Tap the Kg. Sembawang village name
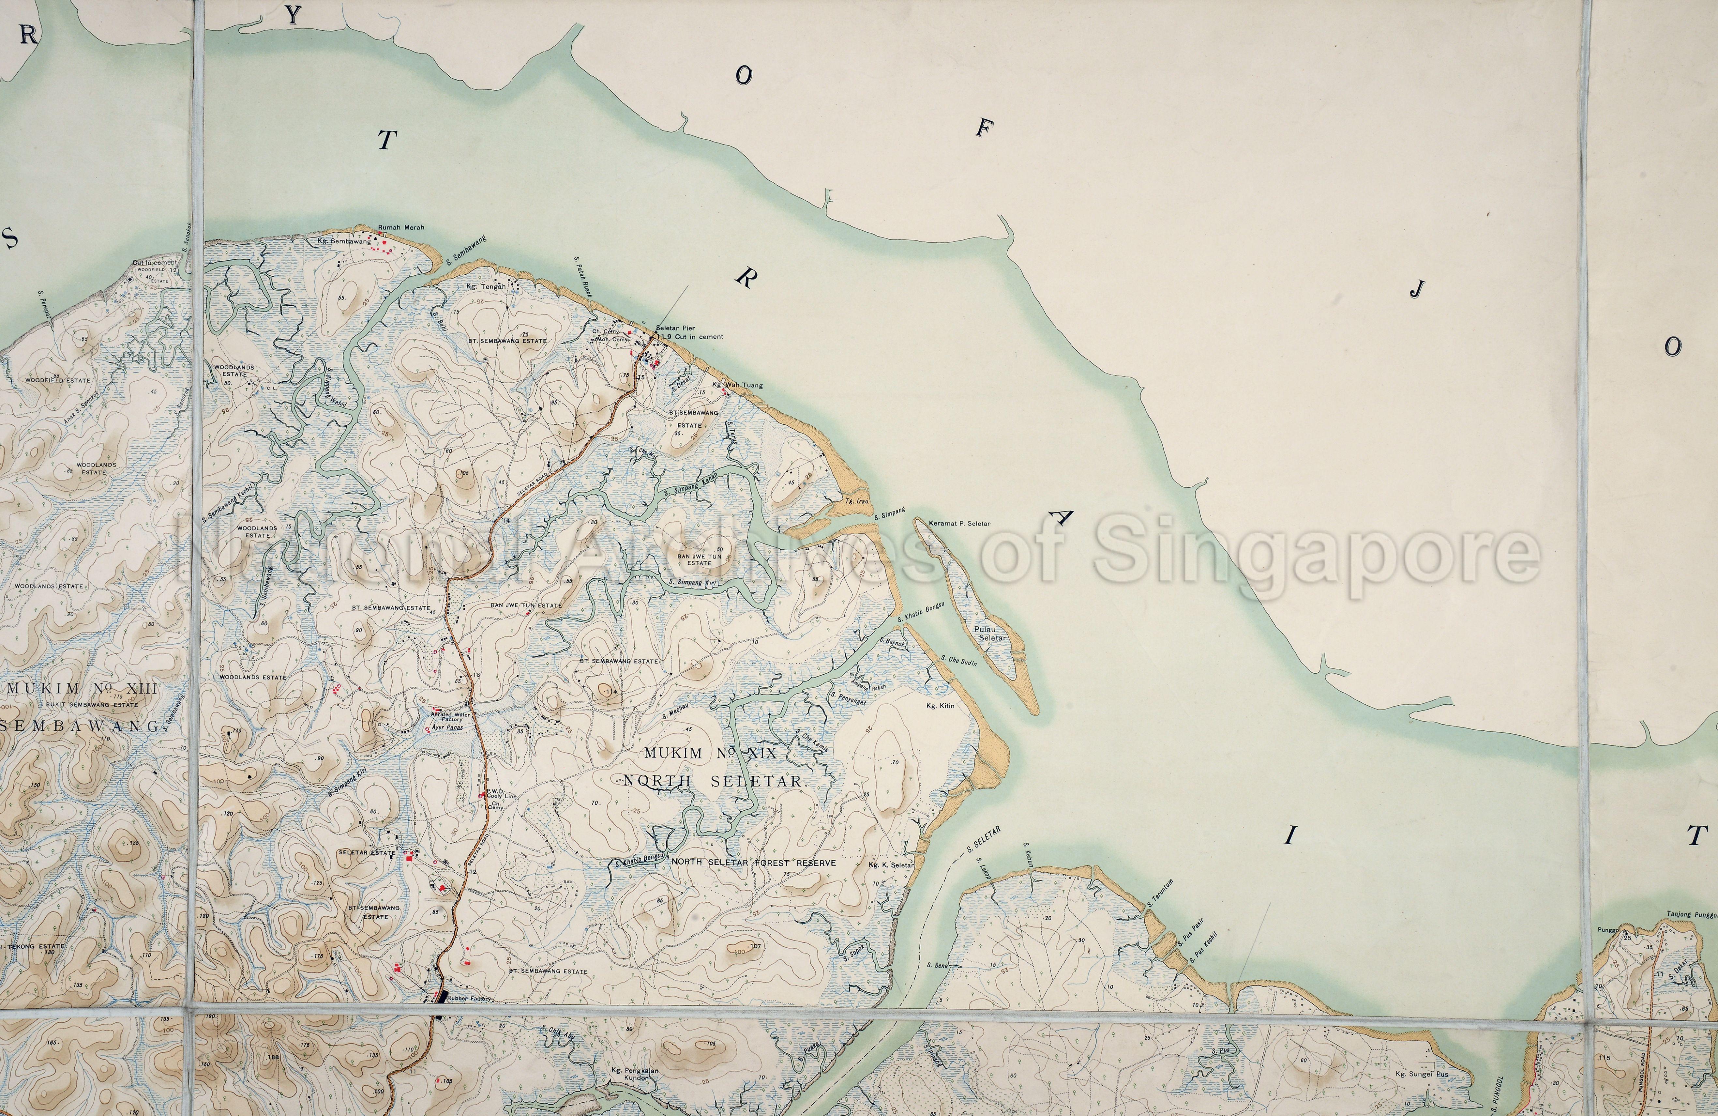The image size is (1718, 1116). point(344,241)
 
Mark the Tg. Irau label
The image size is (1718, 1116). point(856,500)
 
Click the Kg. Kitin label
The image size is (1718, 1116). point(940,705)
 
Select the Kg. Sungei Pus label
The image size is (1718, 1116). point(1421,1074)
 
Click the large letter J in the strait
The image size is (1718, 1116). point(1418,289)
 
